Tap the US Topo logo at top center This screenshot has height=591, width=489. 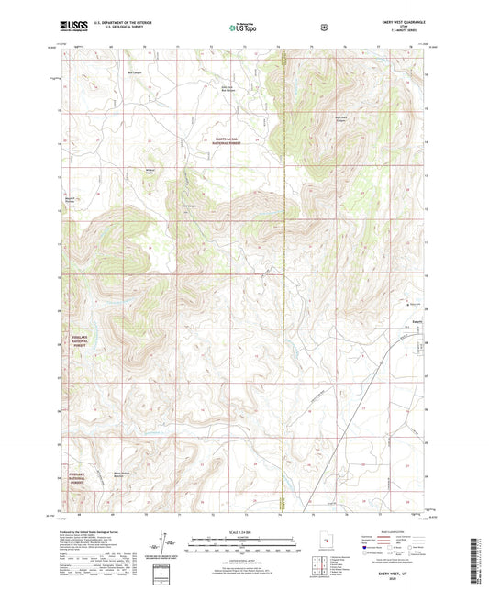[244, 28]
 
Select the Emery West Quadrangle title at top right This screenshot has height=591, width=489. [396, 23]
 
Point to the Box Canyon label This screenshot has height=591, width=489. [135, 72]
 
